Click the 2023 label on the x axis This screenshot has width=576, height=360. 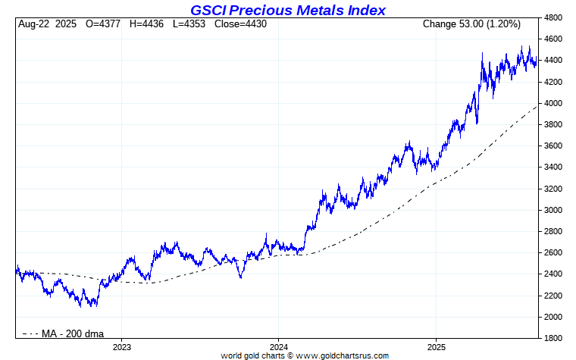(122, 346)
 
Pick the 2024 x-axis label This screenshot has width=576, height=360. (278, 346)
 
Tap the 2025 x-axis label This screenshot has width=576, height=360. (436, 346)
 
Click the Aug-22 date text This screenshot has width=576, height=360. (36, 25)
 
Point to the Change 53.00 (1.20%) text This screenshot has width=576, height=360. (471, 25)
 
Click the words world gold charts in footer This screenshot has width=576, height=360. (253, 355)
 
